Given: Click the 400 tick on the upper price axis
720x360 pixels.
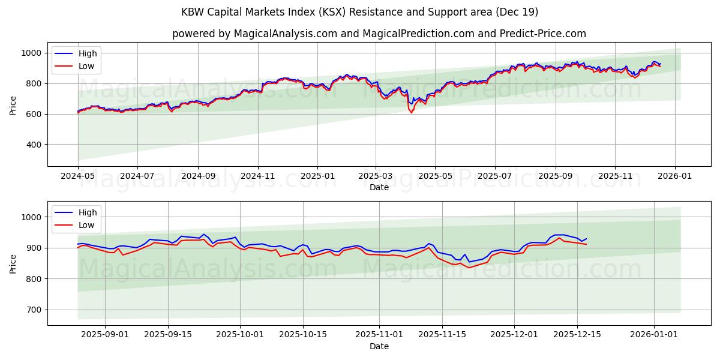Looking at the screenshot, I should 34,145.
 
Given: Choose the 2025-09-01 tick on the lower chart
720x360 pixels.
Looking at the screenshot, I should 105,333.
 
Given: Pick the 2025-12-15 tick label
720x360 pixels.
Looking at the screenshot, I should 577,333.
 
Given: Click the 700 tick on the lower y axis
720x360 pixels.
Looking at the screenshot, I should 34,310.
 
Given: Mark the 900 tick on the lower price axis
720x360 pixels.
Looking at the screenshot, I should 34,248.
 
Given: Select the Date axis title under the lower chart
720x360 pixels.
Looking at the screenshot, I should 379,346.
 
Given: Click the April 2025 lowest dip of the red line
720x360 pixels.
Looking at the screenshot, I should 412,113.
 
